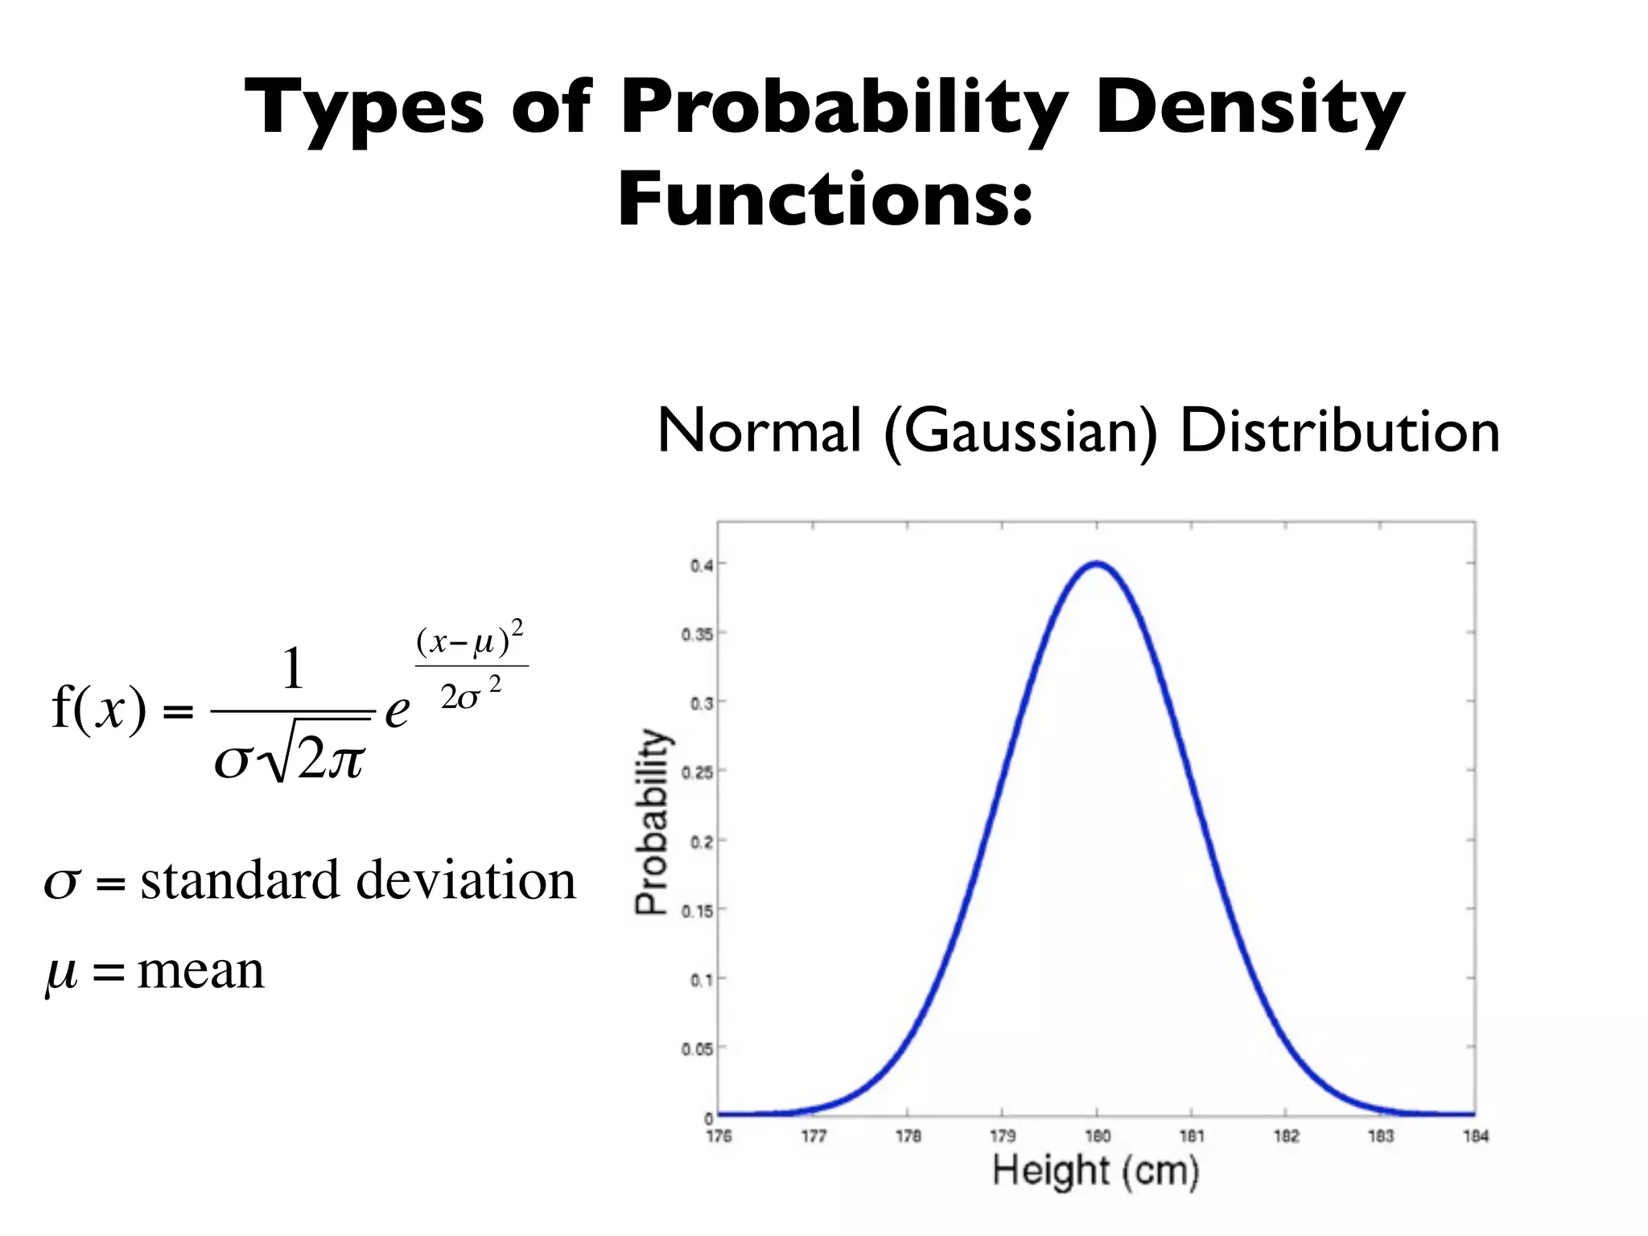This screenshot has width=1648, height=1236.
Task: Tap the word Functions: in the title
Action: (x=825, y=200)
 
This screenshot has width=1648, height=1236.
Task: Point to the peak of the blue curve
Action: (x=1097, y=563)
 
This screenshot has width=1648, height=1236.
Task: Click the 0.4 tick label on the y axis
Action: (x=702, y=566)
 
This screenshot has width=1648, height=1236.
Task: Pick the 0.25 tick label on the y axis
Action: (x=698, y=772)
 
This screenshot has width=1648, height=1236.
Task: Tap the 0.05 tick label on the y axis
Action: (x=698, y=1049)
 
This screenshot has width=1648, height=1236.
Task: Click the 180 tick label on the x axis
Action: (x=1098, y=1136)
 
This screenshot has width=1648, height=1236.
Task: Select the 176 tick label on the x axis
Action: (x=719, y=1136)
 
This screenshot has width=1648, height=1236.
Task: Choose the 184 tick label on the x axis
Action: (x=1476, y=1136)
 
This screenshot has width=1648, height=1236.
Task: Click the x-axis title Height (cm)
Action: (x=1096, y=1171)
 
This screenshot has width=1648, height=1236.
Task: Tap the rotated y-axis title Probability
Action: (x=653, y=822)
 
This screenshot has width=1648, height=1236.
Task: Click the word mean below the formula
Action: (x=201, y=970)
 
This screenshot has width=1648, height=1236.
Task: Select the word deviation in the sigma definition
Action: (x=466, y=880)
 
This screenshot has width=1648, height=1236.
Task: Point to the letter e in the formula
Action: (x=397, y=711)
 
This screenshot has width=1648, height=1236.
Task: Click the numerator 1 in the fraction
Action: (x=293, y=669)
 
